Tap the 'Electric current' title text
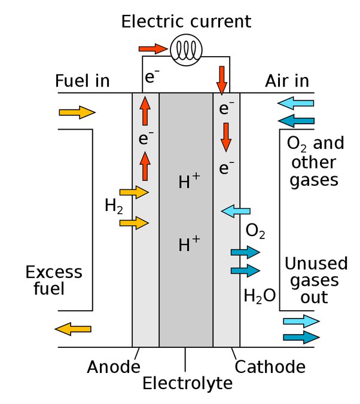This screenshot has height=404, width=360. (186, 22)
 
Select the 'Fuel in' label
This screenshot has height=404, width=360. (83, 81)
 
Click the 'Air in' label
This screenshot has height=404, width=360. (288, 81)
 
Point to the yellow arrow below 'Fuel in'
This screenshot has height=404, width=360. (77, 112)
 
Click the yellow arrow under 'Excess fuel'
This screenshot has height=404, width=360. (73, 328)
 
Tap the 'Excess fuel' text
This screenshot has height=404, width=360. (53, 281)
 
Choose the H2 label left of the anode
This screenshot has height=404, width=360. (114, 206)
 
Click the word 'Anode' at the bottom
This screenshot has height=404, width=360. (114, 366)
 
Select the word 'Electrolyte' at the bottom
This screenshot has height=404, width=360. (187, 382)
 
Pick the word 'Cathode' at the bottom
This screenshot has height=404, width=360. (270, 366)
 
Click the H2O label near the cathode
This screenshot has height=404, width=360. (259, 295)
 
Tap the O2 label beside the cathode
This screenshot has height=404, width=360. (255, 230)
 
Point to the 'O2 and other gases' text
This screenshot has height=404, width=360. (315, 161)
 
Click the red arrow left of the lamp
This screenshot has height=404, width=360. (153, 48)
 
